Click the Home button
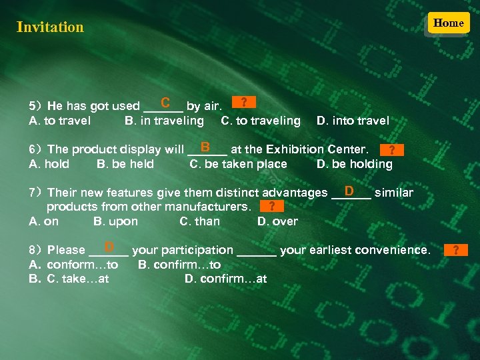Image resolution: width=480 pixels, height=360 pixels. point(448,23)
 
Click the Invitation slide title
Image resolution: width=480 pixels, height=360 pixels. point(50,27)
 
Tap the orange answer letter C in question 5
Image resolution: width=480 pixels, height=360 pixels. point(165,103)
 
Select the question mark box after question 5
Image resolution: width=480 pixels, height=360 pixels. point(244,102)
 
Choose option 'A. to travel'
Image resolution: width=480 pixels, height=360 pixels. point(60,121)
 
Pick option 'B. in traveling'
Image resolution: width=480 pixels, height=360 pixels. point(164,121)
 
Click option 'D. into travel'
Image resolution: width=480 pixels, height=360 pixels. point(353,121)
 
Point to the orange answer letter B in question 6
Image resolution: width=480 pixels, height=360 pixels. point(205,146)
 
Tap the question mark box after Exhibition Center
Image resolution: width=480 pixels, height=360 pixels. point(391,150)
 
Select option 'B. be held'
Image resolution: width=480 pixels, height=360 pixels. point(125,164)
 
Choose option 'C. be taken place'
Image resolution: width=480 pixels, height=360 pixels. point(238,164)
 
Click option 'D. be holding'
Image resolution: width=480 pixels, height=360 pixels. point(354,164)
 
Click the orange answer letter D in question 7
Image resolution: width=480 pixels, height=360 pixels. point(349,191)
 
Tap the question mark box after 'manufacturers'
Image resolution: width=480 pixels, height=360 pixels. point(272,207)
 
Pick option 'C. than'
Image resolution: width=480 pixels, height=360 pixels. point(199,221)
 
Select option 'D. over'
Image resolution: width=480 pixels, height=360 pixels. point(277,221)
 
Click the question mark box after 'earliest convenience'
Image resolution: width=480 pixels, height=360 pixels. point(456,250)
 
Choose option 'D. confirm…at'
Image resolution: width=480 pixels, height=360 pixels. point(225,279)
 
